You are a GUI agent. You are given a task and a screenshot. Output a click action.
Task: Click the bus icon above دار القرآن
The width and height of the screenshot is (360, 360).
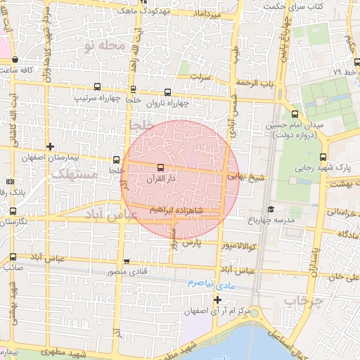tap(162, 167)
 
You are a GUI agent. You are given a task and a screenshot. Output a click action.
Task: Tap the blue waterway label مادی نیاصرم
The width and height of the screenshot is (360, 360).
tap(210, 281)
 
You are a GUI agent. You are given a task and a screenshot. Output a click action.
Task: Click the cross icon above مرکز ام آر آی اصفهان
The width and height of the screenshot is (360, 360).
tap(217, 300)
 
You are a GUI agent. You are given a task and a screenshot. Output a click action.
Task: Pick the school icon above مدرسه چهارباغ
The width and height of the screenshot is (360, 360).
tap(271, 209)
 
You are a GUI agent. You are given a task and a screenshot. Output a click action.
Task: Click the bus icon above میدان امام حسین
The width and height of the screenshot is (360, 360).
tap(294, 114)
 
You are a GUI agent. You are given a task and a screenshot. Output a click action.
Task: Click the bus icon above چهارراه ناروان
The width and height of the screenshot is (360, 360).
tap(167, 92)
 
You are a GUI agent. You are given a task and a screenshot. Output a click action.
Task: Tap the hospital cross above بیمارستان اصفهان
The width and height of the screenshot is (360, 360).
tap(49, 146)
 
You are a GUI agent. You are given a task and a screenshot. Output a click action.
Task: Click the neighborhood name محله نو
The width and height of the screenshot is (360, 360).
tap(103, 46)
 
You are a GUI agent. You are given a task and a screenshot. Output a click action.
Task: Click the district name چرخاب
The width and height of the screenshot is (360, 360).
tap(302, 301)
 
